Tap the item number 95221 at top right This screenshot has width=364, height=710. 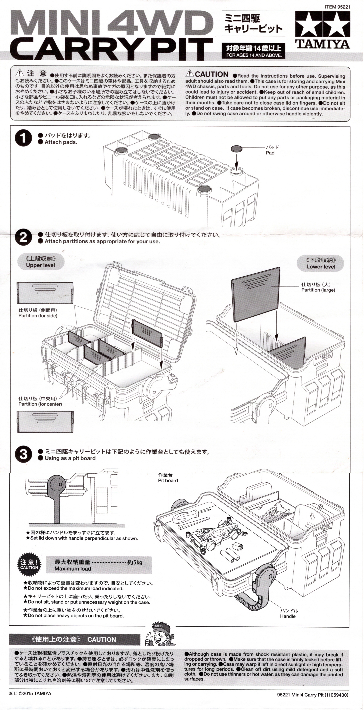tap(337, 7)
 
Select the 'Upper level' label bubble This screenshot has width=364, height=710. tap(41, 262)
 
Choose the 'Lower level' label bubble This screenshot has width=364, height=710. tap(320, 264)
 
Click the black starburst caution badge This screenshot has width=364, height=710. tap(29, 564)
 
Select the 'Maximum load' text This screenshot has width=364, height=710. tap(73, 569)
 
